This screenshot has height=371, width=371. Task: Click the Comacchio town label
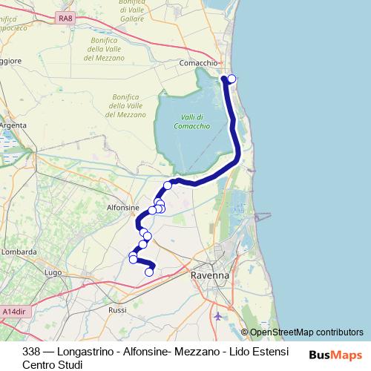[x=198, y=64]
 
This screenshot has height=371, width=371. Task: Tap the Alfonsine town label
[x=122, y=209]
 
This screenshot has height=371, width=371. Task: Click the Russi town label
[x=117, y=309]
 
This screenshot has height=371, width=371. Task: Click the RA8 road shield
[x=66, y=17]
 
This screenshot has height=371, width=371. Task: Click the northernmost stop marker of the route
[x=232, y=79]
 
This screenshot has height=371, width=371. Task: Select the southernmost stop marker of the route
[x=148, y=272]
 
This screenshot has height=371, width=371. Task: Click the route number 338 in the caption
[x=31, y=351]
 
